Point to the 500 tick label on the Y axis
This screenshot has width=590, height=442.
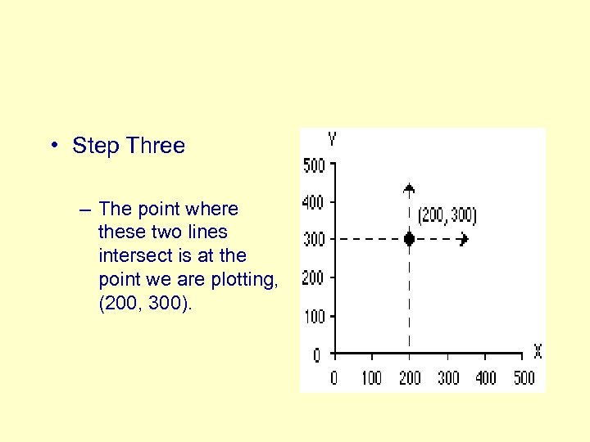click(314, 165)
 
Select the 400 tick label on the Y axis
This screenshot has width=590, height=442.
click(314, 202)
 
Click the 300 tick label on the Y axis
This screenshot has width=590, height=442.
click(314, 240)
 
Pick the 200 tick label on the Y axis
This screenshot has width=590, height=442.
click(314, 278)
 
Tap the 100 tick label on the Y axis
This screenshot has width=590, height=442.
click(314, 317)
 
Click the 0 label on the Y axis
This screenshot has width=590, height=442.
click(317, 356)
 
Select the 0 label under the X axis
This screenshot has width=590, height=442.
click(334, 378)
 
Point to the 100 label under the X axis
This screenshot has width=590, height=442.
click(371, 378)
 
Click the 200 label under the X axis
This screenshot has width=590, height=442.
click(410, 378)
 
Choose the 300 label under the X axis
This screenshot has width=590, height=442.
click(448, 378)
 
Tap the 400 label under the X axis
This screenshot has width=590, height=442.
click(486, 378)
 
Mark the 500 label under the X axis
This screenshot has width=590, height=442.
click(524, 378)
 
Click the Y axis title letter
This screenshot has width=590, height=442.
click(331, 138)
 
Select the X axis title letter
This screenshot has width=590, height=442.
click(538, 352)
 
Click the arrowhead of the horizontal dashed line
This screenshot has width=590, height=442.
click(465, 240)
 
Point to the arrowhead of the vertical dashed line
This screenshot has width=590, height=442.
click(409, 188)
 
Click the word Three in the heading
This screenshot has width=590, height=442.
click(157, 147)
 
